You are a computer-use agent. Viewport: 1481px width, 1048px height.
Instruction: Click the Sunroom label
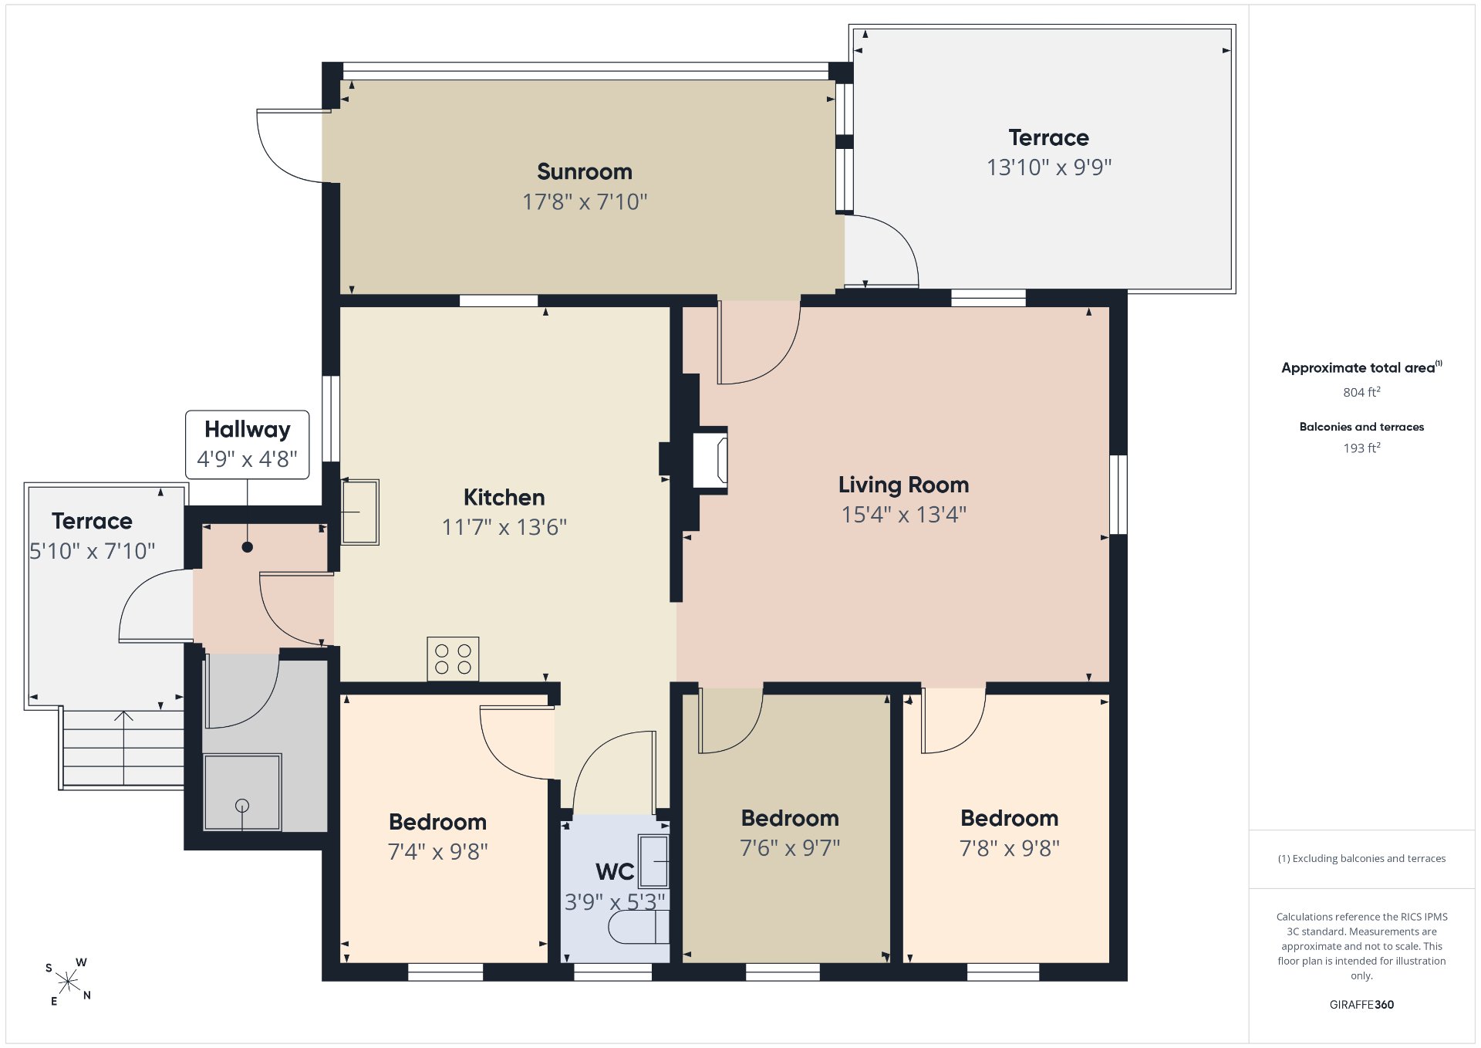[x=585, y=171]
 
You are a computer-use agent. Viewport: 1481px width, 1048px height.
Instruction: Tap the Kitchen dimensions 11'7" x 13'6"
[x=504, y=527]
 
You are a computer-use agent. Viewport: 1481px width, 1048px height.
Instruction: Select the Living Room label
[x=904, y=485]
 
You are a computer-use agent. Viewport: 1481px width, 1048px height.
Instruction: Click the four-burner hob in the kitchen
[x=453, y=659]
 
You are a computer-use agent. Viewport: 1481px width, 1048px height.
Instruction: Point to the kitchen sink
[x=360, y=512]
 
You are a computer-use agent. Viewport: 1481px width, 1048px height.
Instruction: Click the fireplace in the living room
[x=710, y=461]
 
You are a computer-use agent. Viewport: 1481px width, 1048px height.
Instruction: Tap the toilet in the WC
[x=639, y=927]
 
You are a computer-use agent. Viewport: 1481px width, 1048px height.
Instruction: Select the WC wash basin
[x=653, y=860]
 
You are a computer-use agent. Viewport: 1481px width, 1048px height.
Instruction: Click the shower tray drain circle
[x=242, y=806]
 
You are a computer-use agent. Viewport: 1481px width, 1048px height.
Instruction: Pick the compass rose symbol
[x=68, y=982]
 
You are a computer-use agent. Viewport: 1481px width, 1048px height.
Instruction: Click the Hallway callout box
[x=248, y=445]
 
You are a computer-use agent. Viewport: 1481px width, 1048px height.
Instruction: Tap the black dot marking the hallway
[x=248, y=547]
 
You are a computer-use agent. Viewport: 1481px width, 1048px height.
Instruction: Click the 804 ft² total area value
[x=1361, y=392]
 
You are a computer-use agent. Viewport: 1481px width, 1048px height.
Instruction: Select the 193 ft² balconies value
[x=1361, y=448]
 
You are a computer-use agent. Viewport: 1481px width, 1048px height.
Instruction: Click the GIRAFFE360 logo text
[x=1361, y=1005]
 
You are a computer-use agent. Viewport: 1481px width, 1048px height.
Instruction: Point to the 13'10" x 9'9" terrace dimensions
[x=1049, y=167]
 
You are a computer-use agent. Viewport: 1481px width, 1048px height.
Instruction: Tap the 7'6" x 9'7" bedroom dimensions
[x=790, y=848]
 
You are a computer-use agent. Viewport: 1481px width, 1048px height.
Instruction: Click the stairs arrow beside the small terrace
[x=123, y=748]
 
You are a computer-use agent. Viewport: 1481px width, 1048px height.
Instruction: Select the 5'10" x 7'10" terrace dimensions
[x=93, y=551]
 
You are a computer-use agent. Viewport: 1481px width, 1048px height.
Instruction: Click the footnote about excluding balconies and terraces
[x=1361, y=858]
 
